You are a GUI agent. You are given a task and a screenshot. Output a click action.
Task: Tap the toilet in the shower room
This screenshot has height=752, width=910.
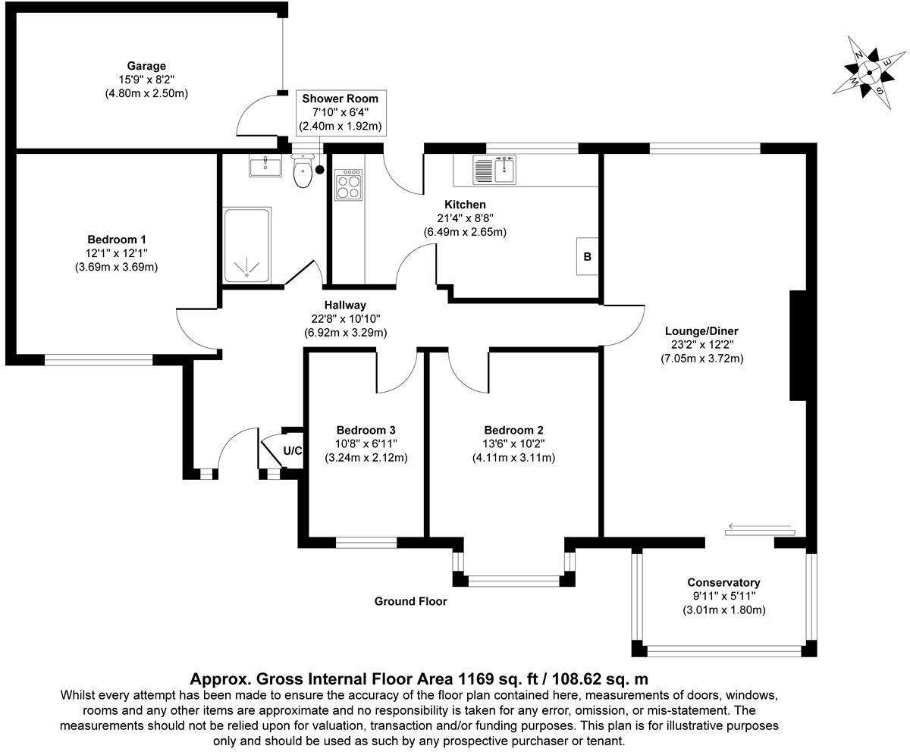point(303,171)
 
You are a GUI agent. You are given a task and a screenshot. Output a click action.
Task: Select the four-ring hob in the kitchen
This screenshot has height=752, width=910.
point(348,185)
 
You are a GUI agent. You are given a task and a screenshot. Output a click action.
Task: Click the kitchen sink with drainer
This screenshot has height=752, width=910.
point(494,170)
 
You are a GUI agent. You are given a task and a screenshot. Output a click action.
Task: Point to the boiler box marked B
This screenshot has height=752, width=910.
point(588,256)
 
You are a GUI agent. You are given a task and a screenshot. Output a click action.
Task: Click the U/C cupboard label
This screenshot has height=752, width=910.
point(293,450)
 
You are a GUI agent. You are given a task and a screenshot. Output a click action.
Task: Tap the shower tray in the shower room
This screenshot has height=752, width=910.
point(246,245)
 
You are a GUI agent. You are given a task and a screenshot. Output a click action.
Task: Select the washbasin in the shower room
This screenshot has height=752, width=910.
point(265,165)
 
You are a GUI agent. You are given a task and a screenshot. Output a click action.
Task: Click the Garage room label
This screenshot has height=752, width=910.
point(146,66)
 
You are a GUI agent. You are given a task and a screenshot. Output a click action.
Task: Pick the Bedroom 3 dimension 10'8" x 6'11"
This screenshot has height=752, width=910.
point(366,444)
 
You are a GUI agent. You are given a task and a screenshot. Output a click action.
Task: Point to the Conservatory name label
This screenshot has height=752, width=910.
point(723,582)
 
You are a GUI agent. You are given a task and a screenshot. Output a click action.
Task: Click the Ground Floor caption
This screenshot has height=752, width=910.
point(410,601)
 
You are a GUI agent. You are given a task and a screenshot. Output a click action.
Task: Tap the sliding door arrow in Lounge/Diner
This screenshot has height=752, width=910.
point(759,526)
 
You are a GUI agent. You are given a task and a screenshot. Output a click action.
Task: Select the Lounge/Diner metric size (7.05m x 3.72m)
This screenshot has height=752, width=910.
point(701,358)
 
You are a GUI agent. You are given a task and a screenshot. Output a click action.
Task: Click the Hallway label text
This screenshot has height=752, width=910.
point(345,305)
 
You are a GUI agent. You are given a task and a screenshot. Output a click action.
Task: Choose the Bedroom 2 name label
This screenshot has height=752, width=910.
point(513,430)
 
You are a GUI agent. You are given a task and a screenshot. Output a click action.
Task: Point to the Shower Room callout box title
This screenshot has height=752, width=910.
point(340,99)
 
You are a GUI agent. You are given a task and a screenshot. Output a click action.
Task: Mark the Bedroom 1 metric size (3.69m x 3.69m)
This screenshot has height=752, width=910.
point(116,267)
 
